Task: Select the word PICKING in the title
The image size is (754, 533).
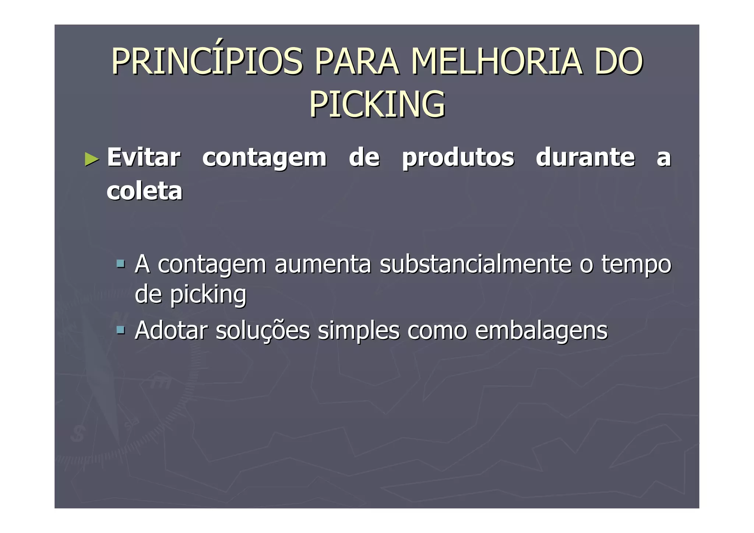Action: click(x=377, y=105)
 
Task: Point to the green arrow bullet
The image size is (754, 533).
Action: click(x=92, y=159)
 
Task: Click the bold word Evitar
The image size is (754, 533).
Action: click(x=144, y=158)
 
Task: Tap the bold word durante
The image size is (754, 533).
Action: click(x=585, y=158)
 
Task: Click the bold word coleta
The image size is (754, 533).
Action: click(x=144, y=191)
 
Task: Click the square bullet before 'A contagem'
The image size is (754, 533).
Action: click(x=120, y=263)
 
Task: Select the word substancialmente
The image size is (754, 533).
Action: click(x=475, y=264)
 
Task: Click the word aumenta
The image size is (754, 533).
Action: click(x=323, y=264)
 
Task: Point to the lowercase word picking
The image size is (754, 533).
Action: click(x=208, y=295)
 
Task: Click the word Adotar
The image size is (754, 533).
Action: click(x=171, y=330)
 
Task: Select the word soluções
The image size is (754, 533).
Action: click(x=263, y=331)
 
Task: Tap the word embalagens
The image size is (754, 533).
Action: click(x=541, y=331)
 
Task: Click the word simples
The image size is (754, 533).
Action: click(x=358, y=331)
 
